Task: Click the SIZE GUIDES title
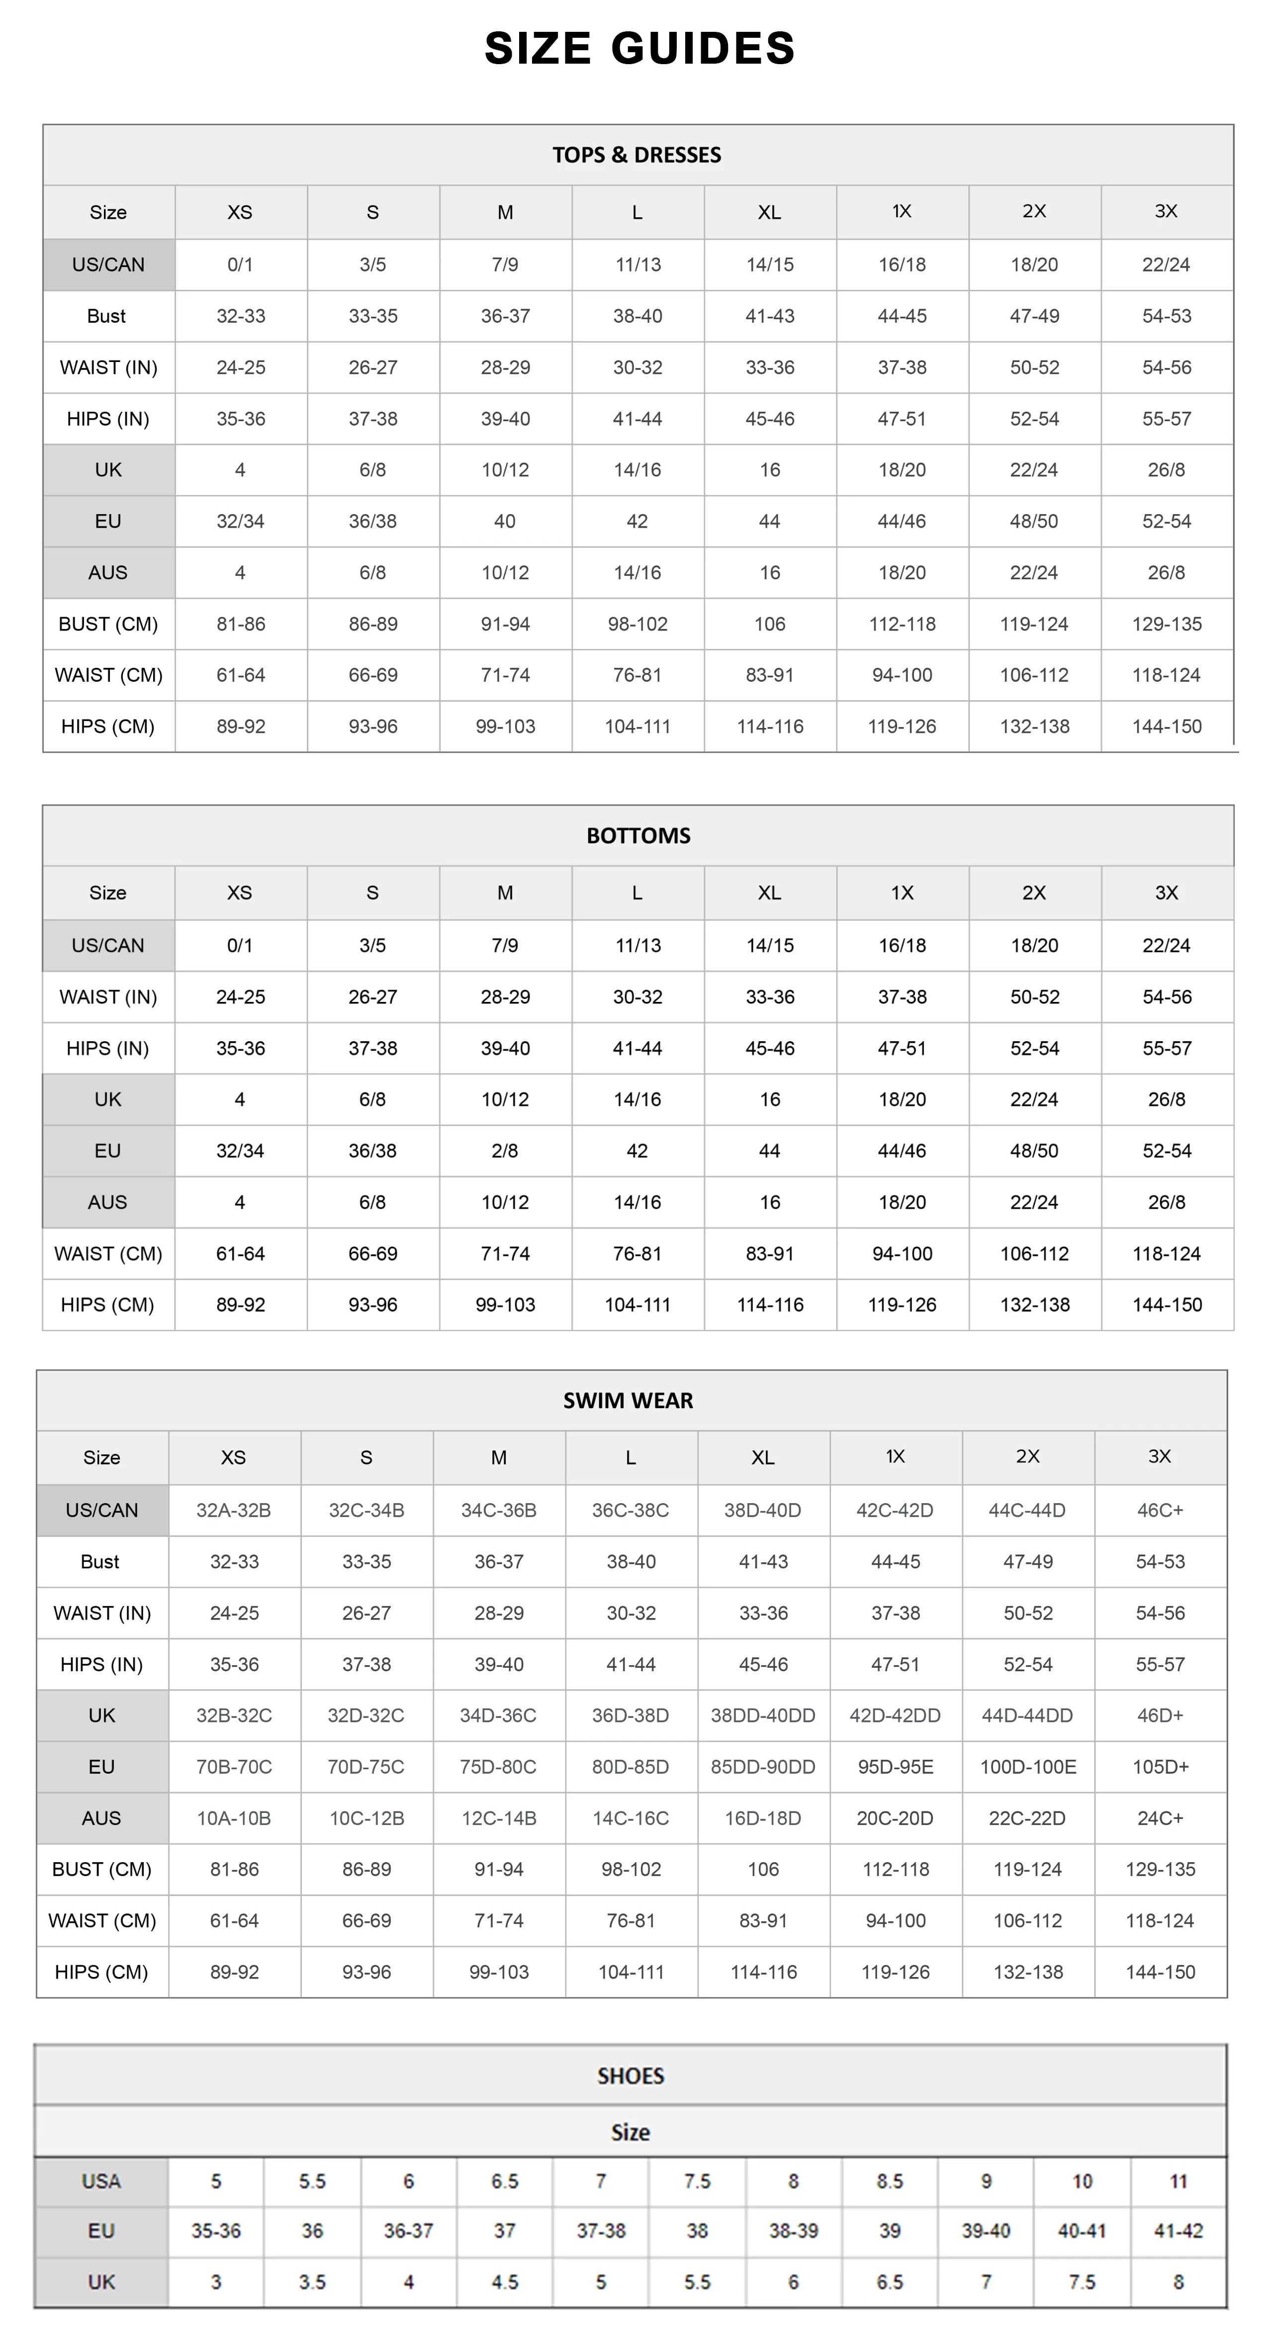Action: click(x=639, y=48)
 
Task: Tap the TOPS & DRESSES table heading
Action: click(x=636, y=155)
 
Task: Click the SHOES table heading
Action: click(x=631, y=2075)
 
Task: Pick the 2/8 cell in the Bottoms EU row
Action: click(x=505, y=1150)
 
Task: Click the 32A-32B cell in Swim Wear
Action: click(x=234, y=1510)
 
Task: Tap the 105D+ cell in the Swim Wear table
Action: click(x=1160, y=1767)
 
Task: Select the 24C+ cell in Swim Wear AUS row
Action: click(x=1160, y=1818)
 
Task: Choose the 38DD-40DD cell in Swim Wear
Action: click(x=762, y=1715)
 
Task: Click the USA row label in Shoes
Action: click(x=101, y=2181)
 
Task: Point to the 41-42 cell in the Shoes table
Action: click(x=1178, y=2230)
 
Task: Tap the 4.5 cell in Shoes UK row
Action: click(x=505, y=2281)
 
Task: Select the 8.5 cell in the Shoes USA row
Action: click(x=889, y=2181)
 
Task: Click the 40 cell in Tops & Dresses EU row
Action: click(x=505, y=521)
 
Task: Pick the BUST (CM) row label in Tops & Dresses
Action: click(x=107, y=624)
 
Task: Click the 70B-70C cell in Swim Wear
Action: click(x=234, y=1767)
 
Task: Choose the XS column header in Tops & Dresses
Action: click(x=240, y=212)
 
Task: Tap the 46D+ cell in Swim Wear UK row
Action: click(x=1160, y=1715)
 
